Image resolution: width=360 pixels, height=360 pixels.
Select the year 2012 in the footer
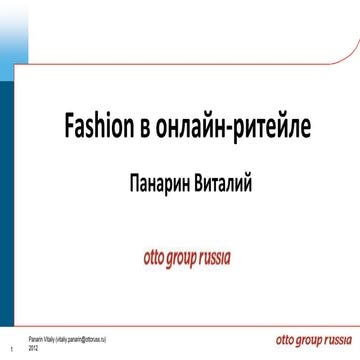click(34, 348)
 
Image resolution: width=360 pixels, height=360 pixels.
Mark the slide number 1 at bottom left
click(10, 349)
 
